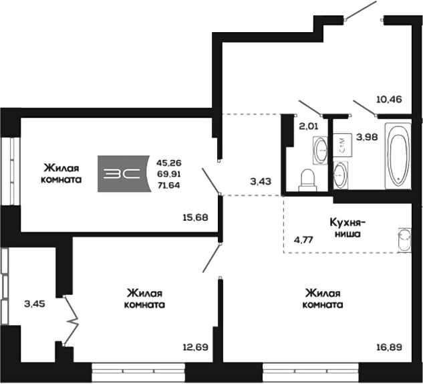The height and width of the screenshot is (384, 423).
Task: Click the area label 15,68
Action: click(196, 217)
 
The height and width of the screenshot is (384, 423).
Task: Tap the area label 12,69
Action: click(196, 347)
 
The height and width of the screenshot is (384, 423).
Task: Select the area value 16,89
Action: click(390, 347)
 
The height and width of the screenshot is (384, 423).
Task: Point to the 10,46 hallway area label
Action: click(389, 100)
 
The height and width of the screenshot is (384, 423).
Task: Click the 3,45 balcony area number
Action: click(35, 304)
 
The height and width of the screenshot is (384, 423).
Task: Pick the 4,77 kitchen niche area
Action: click(304, 239)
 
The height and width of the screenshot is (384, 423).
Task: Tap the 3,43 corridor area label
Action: click(261, 181)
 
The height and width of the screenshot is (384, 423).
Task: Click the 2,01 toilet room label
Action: click(309, 126)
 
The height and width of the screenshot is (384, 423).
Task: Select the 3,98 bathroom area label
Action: click(367, 137)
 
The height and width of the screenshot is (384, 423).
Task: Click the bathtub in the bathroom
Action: click(398, 156)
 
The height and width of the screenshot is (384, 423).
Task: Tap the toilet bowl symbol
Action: click(307, 180)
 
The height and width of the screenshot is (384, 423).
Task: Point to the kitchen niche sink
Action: click(404, 240)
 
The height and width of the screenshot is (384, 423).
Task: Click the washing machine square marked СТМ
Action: click(342, 145)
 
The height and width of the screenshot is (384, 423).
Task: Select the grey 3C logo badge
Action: click(124, 174)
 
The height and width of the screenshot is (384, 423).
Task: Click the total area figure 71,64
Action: click(168, 185)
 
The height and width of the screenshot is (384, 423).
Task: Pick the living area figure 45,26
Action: click(169, 163)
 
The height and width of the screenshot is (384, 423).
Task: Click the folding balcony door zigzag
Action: click(71, 321)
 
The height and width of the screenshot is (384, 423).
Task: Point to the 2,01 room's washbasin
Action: click(320, 150)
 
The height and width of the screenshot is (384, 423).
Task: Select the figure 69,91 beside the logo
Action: click(169, 174)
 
